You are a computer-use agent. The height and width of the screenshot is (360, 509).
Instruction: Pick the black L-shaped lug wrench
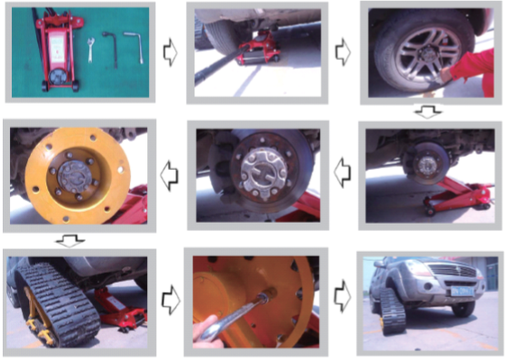[113, 47]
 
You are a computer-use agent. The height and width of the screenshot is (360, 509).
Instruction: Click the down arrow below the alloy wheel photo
[426, 112]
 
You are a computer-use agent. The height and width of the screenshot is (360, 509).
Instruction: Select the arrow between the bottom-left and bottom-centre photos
[169, 295]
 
